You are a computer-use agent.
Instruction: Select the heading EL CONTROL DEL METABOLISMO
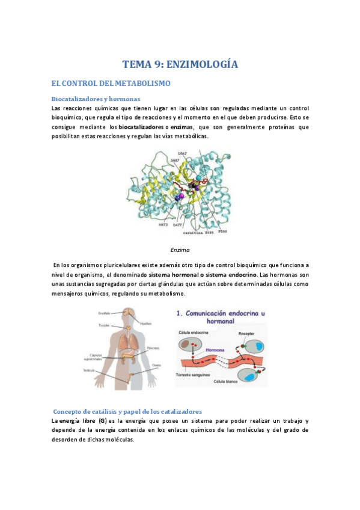pyautogui.click(x=111, y=83)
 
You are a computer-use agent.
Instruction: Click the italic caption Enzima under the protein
pyautogui.click(x=180, y=248)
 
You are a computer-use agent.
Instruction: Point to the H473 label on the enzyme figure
pyautogui.click(x=162, y=224)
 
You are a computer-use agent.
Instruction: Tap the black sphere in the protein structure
pyautogui.click(x=194, y=186)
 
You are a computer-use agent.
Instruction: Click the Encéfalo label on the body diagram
pyautogui.click(x=106, y=313)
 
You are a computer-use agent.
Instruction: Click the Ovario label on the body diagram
pyautogui.click(x=156, y=364)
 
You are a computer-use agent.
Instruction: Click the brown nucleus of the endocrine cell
pyautogui.click(x=191, y=345)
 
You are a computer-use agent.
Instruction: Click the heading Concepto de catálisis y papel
pyautogui.click(x=127, y=411)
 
